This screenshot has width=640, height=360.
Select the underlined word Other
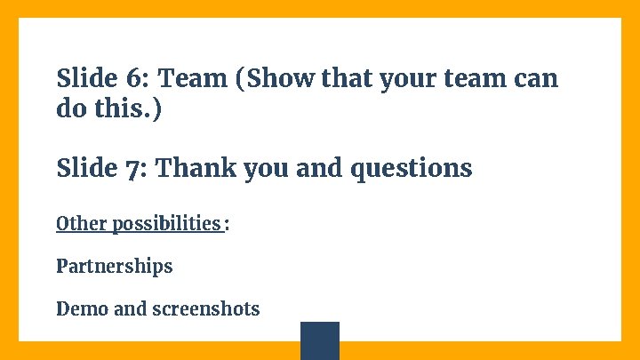[82, 222]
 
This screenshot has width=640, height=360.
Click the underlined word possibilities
[166, 223]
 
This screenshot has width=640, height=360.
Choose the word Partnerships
[115, 267]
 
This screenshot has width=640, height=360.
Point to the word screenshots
[205, 309]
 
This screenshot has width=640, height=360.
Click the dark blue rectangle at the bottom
[320, 340]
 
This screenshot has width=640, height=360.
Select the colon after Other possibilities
[227, 224]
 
